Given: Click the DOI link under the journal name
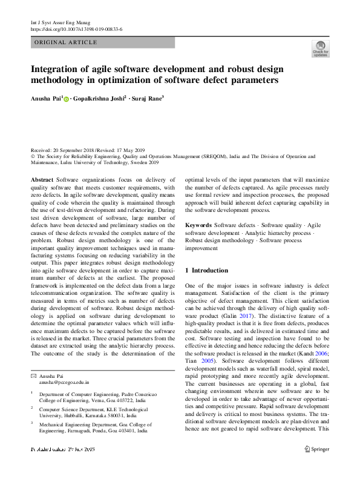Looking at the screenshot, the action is tap(76, 29).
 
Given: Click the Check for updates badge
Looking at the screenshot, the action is tap(319, 48).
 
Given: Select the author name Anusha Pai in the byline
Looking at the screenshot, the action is tap(45, 98).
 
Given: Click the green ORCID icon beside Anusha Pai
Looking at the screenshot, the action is tap(66, 99).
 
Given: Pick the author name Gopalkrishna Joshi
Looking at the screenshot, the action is tap(99, 98).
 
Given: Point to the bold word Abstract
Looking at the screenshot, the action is tap(42, 180).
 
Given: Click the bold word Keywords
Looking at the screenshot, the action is tap(198, 225).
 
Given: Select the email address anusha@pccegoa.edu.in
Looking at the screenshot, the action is tap(64, 383).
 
